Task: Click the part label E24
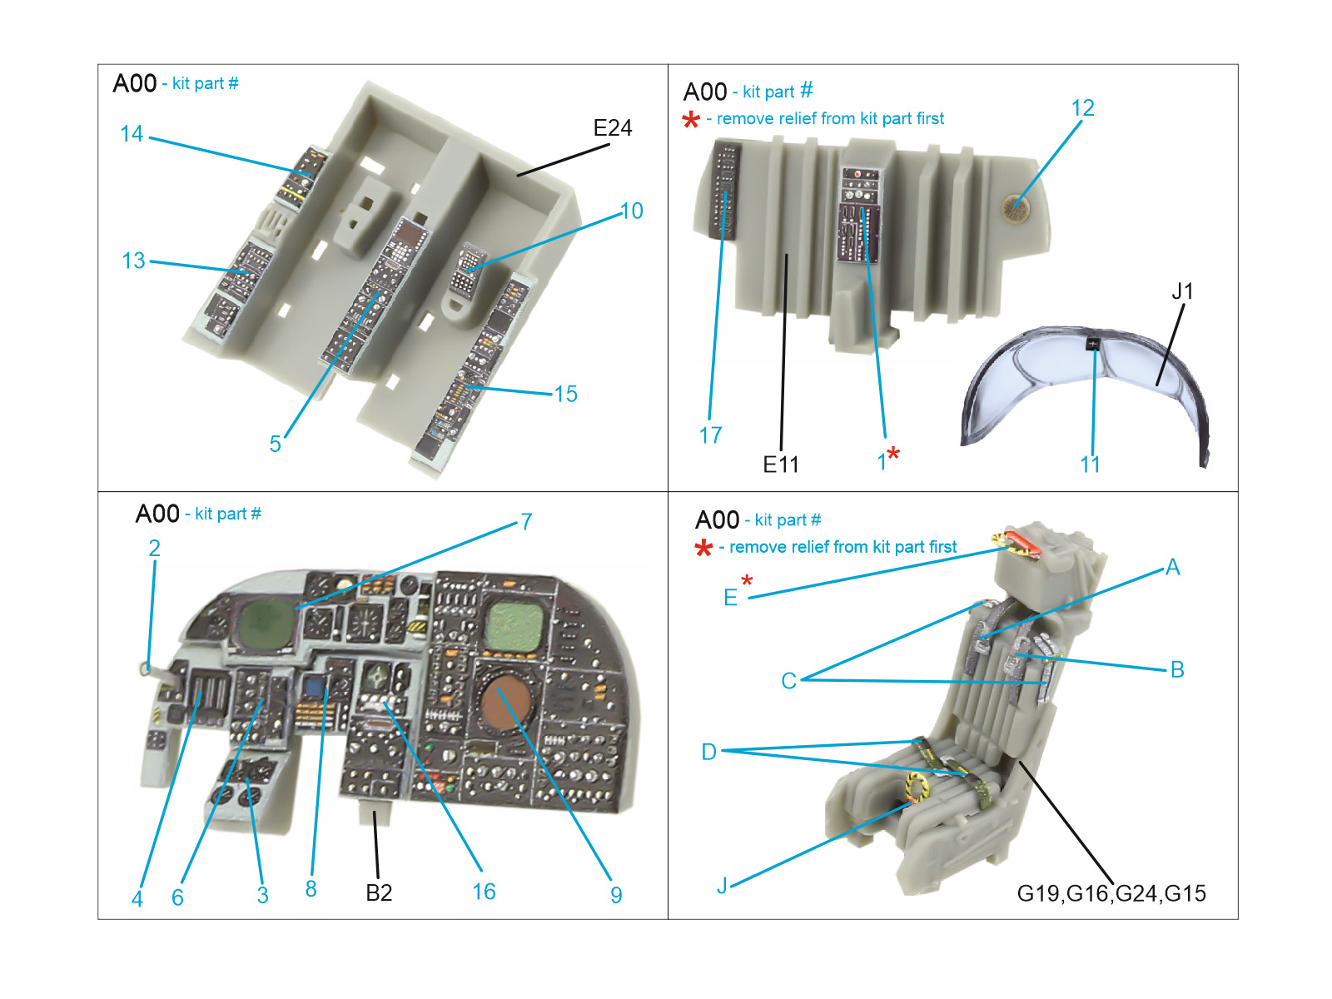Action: (x=612, y=128)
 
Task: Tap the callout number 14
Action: (x=132, y=134)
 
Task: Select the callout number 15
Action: (x=565, y=394)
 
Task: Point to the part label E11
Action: (x=780, y=465)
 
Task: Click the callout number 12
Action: (x=1082, y=108)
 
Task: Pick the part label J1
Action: (x=1182, y=291)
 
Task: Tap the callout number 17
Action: (x=710, y=435)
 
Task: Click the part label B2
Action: (x=379, y=893)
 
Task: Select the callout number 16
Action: (x=484, y=892)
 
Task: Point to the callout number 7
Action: (x=526, y=522)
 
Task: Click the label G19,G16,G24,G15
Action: (x=1111, y=893)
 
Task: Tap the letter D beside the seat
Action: (x=708, y=753)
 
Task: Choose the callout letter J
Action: (x=722, y=886)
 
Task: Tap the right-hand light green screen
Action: (x=514, y=626)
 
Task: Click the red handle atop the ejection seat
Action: (x=1021, y=543)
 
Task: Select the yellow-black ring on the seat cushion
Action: (x=917, y=787)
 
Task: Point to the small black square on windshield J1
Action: (x=1093, y=344)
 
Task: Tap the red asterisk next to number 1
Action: (x=893, y=454)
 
